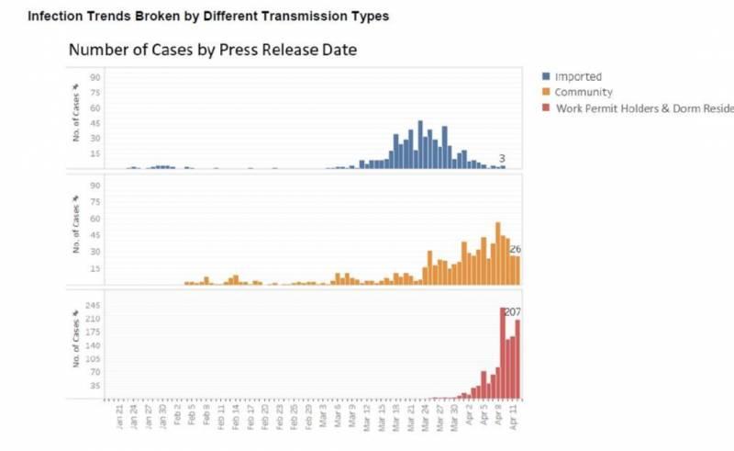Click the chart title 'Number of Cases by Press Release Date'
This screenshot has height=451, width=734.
coord(212,50)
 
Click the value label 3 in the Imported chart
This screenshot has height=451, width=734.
coord(502,159)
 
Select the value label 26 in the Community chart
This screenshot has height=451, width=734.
coord(515,249)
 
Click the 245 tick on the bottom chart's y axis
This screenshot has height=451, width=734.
coord(94,305)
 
